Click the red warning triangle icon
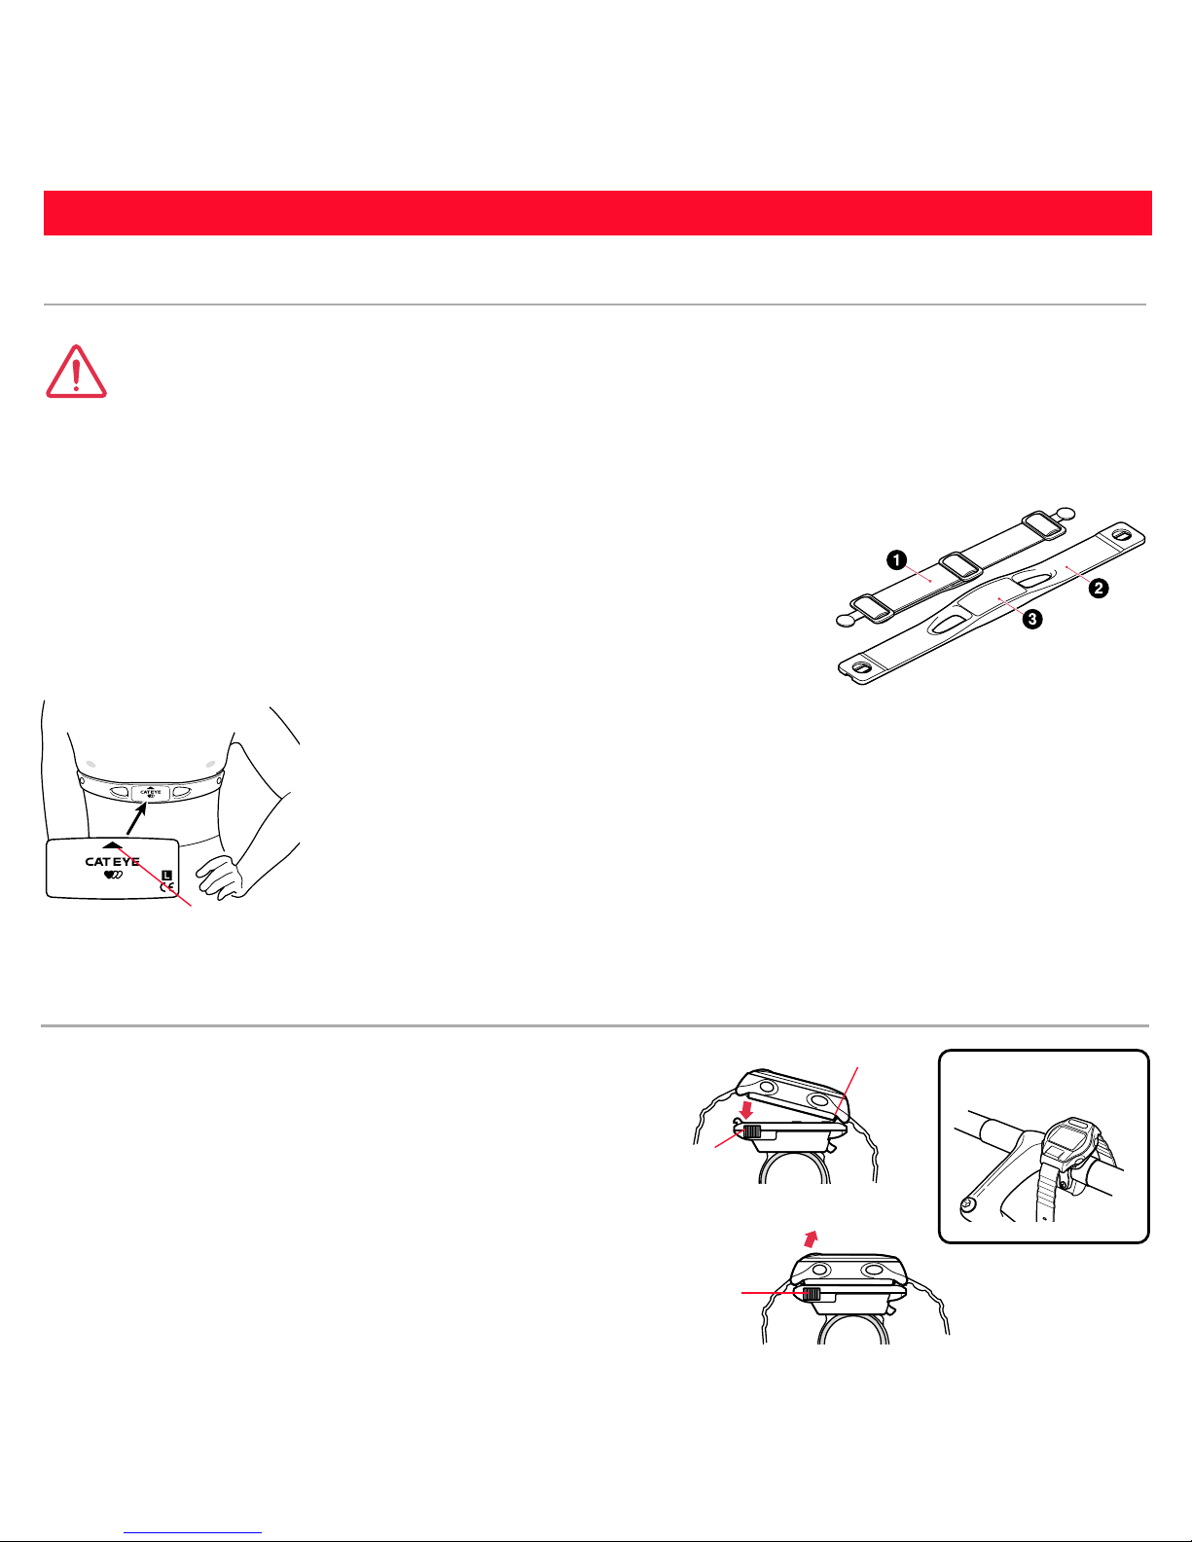(x=76, y=372)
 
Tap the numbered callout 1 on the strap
(x=897, y=560)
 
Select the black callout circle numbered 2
(x=1099, y=588)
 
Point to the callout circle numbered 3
(x=1032, y=619)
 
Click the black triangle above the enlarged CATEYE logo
(x=112, y=844)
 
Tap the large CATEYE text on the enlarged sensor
(x=112, y=861)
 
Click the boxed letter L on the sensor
(x=166, y=875)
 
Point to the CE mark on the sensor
(x=166, y=887)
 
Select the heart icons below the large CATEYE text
(x=113, y=875)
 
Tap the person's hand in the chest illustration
(x=221, y=878)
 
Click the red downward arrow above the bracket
(x=745, y=1109)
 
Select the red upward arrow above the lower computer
(x=811, y=1239)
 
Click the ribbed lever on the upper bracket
(x=751, y=1131)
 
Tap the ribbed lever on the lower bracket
(x=812, y=1294)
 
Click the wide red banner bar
(x=597, y=213)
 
